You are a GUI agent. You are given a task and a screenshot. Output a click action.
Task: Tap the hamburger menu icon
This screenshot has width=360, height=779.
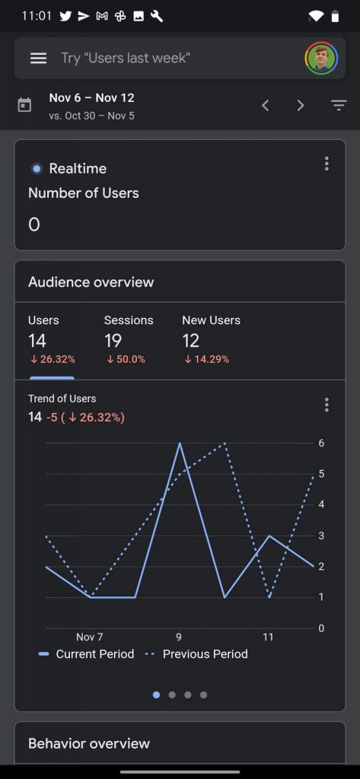[38, 58]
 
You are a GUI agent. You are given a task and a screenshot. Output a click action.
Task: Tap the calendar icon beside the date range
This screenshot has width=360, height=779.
[24, 105]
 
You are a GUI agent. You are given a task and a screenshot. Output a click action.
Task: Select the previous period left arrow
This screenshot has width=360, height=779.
[266, 105]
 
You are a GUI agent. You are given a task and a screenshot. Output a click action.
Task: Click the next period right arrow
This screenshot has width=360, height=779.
[301, 105]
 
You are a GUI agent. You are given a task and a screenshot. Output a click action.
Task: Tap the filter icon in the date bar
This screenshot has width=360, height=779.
[339, 105]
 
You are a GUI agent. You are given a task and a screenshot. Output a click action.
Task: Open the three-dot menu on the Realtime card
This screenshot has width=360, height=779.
[327, 164]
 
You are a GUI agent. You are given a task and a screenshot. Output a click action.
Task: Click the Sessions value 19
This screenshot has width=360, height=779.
[113, 341]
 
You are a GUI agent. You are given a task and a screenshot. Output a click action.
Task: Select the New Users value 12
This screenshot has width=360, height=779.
[190, 341]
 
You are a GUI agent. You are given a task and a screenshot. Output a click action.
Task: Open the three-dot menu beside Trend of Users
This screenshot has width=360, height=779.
[327, 405]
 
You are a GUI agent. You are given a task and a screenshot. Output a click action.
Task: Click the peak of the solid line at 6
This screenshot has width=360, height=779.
[180, 443]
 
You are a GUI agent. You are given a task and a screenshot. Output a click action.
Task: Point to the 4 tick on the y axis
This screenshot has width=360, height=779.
[321, 505]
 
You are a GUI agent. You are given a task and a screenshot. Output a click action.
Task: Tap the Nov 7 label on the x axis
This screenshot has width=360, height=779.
[90, 637]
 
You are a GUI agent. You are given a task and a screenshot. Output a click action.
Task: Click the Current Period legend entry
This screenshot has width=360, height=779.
[86, 653]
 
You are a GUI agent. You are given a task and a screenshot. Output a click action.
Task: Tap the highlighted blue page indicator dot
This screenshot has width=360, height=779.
[157, 695]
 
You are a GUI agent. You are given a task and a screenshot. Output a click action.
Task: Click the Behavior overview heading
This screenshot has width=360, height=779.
[89, 743]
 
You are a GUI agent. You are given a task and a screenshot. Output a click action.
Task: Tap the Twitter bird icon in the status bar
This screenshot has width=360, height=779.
[65, 17]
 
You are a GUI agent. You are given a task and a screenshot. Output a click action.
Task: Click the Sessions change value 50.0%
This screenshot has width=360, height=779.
[126, 359]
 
